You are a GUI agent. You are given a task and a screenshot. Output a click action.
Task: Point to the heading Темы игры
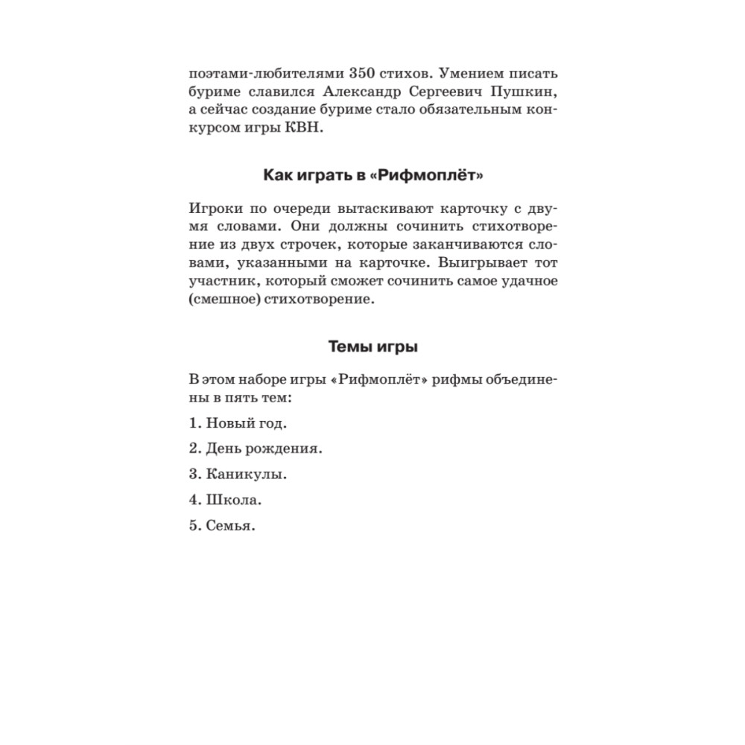coord(373,346)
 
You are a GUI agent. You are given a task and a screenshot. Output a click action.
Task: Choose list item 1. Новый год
coord(238,422)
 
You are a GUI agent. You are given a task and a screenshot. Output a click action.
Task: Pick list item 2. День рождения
coord(256,448)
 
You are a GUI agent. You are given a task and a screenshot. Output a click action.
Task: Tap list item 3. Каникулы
coord(238,474)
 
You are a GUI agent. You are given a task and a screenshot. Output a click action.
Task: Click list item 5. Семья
coord(222,525)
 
